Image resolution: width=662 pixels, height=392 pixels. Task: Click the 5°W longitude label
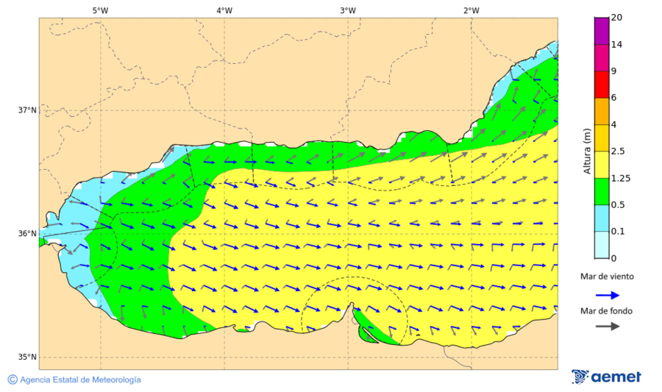tap(101, 10)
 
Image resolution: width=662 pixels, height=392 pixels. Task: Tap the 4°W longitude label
tap(224, 10)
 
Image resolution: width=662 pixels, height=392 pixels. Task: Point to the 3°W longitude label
tap(348, 10)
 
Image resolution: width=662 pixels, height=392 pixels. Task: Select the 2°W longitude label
tap(471, 10)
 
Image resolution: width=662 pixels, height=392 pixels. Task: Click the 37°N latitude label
tap(27, 110)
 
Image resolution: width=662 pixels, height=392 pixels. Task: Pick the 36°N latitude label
tap(27, 234)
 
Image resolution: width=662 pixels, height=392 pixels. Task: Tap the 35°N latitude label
tap(27, 357)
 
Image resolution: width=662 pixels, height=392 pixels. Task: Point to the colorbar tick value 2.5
tap(619, 152)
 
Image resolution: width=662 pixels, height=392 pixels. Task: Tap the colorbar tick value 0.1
tap(619, 232)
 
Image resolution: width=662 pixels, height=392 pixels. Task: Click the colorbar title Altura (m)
tap(587, 151)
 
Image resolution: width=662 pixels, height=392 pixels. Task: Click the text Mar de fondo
tap(605, 311)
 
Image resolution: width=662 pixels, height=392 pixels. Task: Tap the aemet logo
tap(606, 377)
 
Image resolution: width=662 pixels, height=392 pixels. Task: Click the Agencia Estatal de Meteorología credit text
tap(79, 379)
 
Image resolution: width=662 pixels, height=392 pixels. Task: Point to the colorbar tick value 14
tap(617, 45)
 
